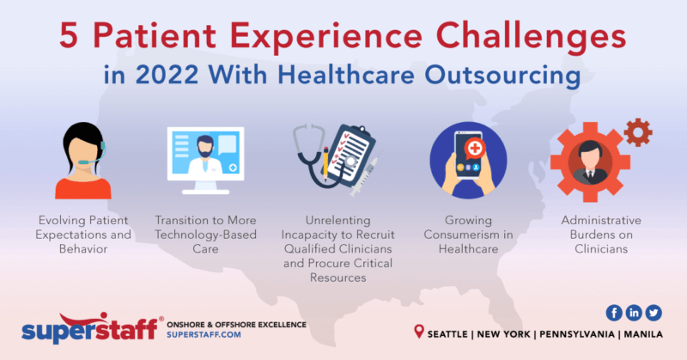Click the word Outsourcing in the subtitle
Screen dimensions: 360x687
(x=497, y=77)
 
